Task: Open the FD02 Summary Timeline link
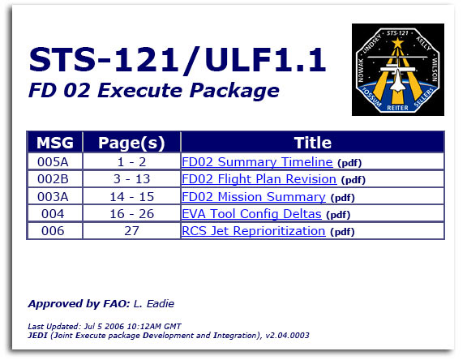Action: click(x=257, y=161)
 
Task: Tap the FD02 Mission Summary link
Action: click(x=254, y=197)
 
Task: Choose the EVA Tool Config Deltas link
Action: click(x=251, y=214)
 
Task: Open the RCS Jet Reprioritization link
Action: click(x=253, y=231)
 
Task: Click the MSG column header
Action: click(x=55, y=143)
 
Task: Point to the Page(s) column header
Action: click(x=131, y=143)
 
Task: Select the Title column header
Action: click(x=312, y=143)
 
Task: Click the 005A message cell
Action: click(x=55, y=161)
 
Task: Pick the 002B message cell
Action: click(x=55, y=179)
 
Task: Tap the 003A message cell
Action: click(x=55, y=197)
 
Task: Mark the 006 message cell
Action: click(x=55, y=231)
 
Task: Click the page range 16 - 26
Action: click(x=131, y=214)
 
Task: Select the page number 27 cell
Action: click(x=131, y=231)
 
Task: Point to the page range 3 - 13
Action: click(x=131, y=179)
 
